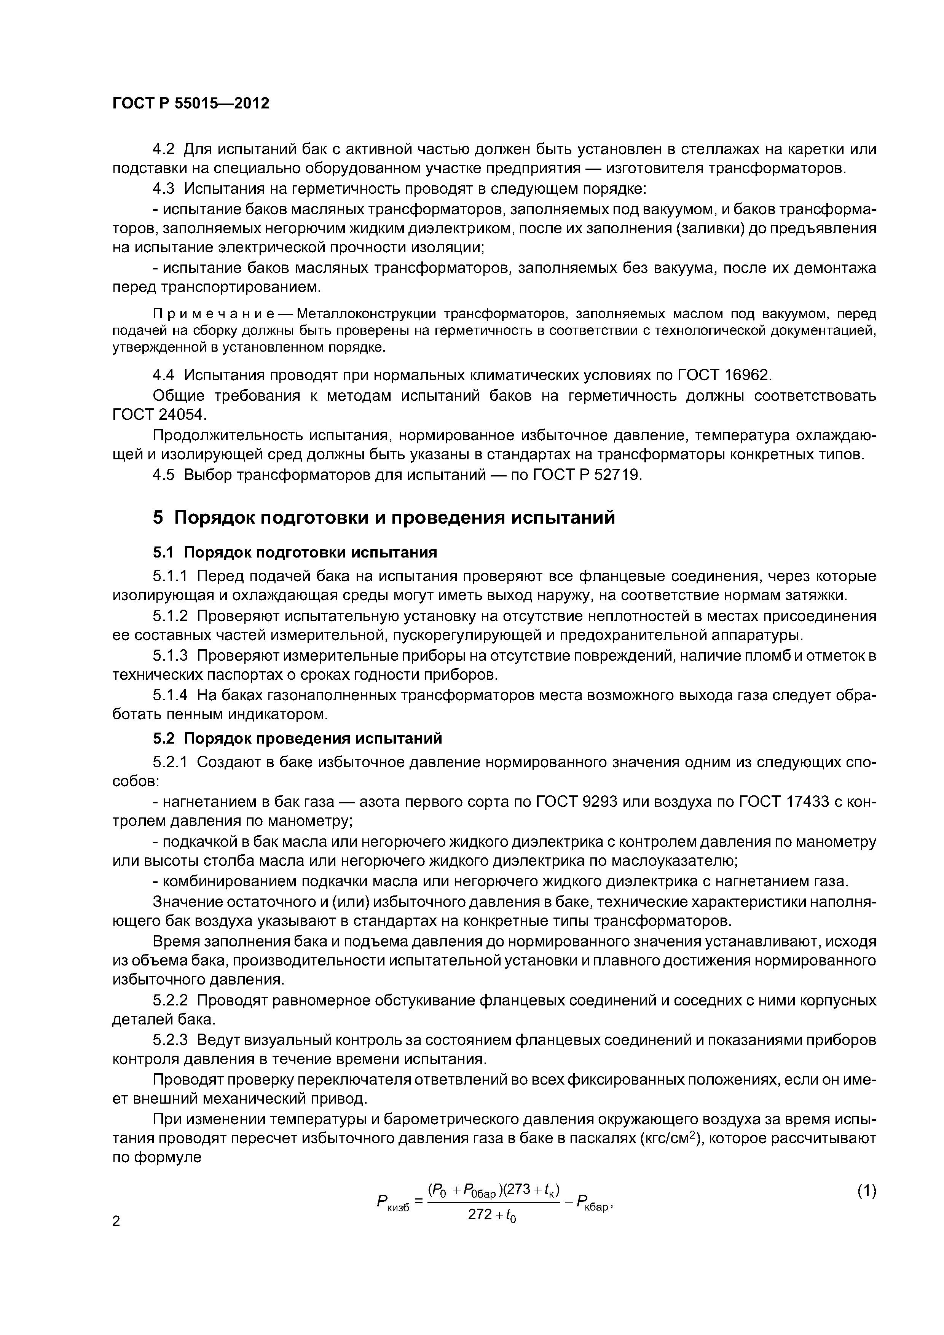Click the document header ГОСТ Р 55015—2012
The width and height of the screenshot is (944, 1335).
point(190,104)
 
